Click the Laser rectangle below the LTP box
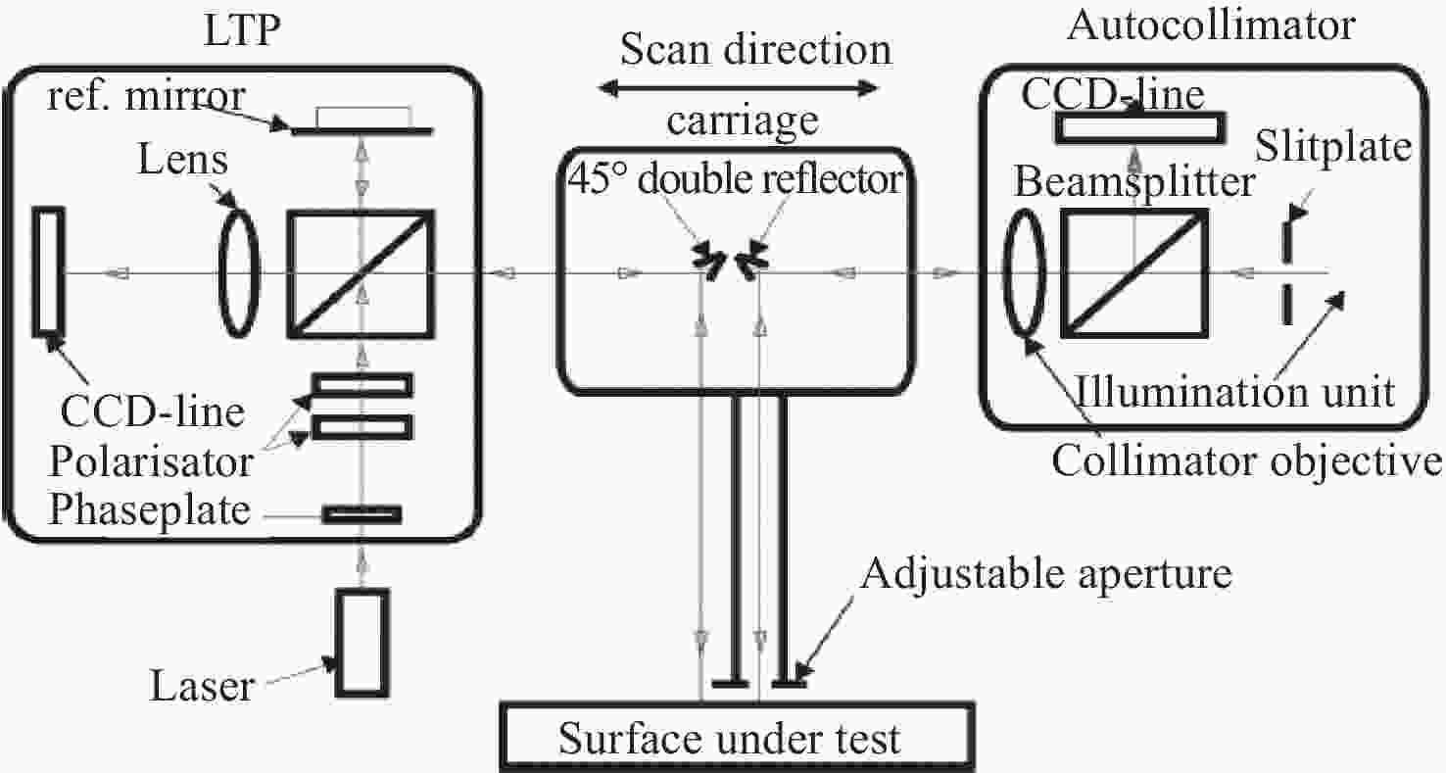point(362,643)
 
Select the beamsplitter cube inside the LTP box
point(361,273)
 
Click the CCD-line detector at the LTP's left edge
point(48,271)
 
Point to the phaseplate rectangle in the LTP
point(362,514)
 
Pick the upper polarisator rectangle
point(362,385)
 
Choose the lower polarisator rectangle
point(362,427)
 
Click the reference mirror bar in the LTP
point(362,131)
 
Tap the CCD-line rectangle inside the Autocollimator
point(1140,127)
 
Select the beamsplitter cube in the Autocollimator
point(1134,272)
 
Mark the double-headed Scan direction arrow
point(738,88)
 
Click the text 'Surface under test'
point(730,738)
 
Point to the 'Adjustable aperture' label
point(1045,574)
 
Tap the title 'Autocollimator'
point(1211,25)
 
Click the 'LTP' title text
point(242,29)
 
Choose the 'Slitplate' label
point(1333,147)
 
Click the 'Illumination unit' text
point(1234,392)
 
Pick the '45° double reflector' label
point(736,178)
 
